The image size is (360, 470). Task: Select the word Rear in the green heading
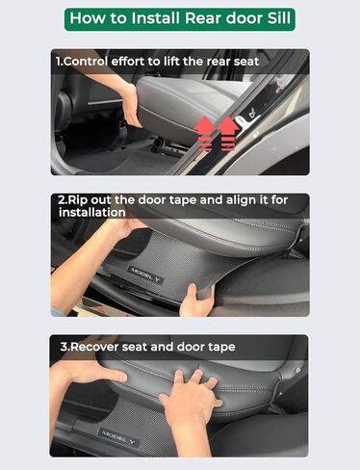[206, 17]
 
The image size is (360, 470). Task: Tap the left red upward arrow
[205, 134]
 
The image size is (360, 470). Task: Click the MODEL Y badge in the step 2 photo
[146, 274]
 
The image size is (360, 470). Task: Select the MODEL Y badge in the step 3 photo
[116, 434]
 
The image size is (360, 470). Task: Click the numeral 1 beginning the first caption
[58, 62]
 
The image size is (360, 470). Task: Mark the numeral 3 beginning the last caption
[58, 347]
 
